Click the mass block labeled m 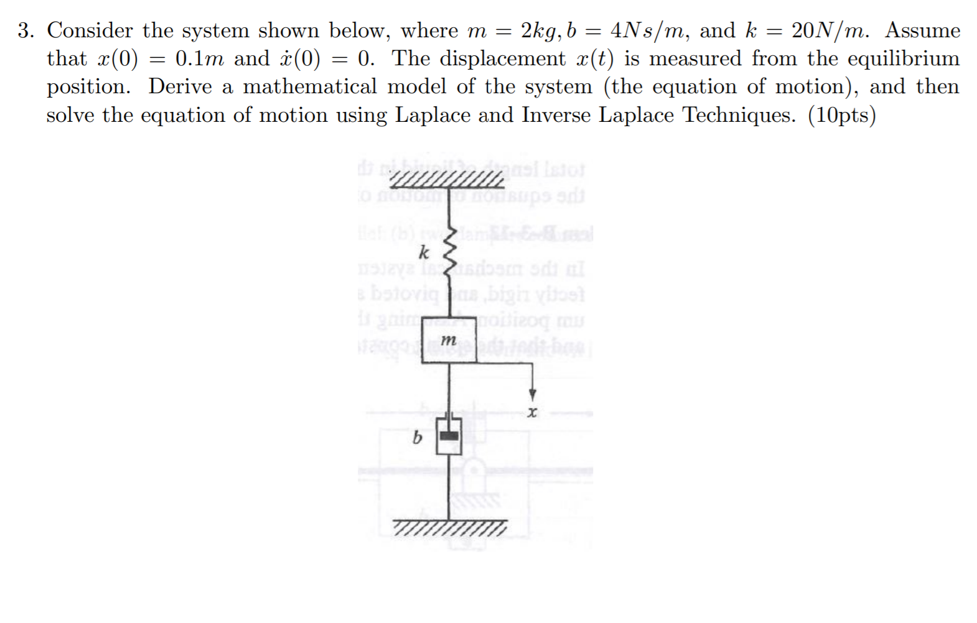click(449, 343)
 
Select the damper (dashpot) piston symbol click(449, 436)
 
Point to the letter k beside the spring click(424, 252)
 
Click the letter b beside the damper click(417, 438)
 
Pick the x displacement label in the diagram click(531, 412)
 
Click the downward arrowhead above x click(532, 395)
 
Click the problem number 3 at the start click(25, 30)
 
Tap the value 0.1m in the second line click(199, 58)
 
